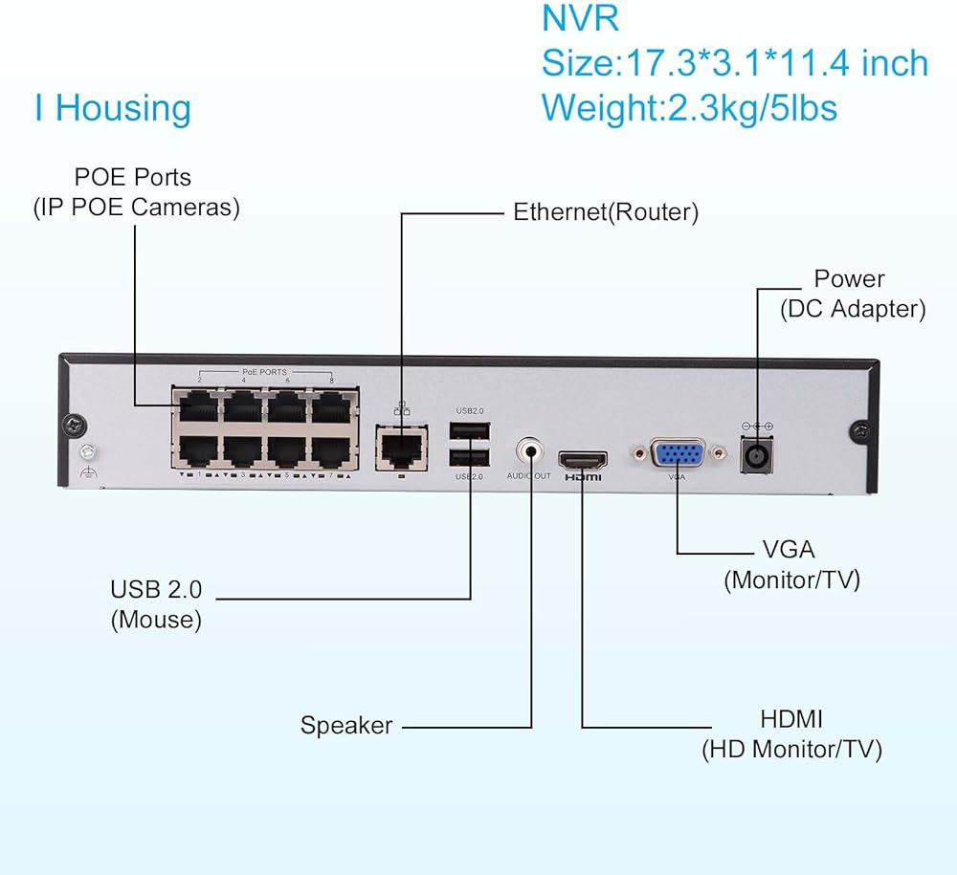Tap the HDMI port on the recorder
click(x=581, y=457)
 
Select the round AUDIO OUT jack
click(x=529, y=449)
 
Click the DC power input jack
click(x=757, y=455)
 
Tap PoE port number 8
click(x=332, y=408)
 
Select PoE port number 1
click(x=194, y=450)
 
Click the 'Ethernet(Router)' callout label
click(x=606, y=212)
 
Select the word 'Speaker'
click(x=346, y=725)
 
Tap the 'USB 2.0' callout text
click(x=156, y=589)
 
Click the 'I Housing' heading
click(x=113, y=108)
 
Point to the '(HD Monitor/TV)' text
click(x=791, y=749)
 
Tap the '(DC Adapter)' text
click(x=853, y=309)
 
